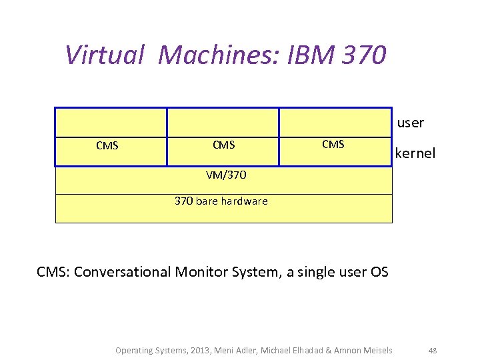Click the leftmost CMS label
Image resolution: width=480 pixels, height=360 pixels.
click(107, 146)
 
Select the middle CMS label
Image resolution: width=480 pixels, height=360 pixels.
click(223, 145)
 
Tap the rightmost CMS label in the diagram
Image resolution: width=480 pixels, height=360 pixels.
click(333, 144)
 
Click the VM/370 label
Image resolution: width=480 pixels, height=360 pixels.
click(226, 175)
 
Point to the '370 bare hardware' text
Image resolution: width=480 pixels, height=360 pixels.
click(221, 201)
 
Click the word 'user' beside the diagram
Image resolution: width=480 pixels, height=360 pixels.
click(411, 123)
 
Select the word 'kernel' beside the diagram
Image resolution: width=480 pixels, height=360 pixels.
click(415, 153)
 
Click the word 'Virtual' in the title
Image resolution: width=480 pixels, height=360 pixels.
click(105, 55)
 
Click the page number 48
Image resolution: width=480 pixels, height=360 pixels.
click(433, 350)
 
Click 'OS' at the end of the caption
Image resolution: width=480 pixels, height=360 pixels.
click(379, 272)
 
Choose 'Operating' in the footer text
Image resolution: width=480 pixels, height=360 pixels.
click(133, 350)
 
